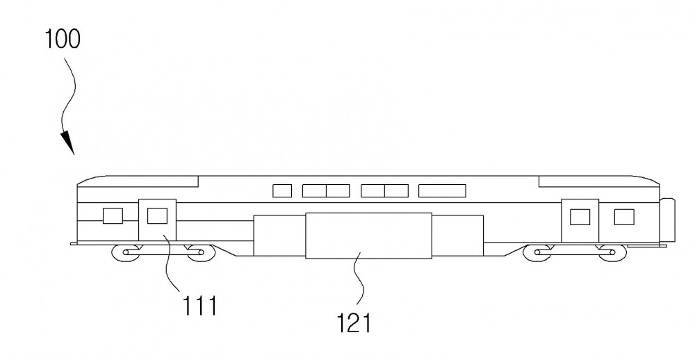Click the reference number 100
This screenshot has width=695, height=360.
point(63,39)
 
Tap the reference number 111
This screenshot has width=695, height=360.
point(200,306)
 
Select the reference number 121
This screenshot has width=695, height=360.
point(354,322)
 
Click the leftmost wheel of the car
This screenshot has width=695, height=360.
point(126,253)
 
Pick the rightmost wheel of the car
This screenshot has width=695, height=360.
point(612,253)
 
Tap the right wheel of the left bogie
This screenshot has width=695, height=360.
point(200,253)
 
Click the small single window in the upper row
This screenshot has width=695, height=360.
point(282,190)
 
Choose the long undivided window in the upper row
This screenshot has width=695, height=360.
point(442,190)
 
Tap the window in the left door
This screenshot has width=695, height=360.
point(157,216)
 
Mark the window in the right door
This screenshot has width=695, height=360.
point(580,218)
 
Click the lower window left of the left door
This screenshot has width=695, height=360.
point(113,216)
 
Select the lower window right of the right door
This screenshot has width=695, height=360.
point(624,218)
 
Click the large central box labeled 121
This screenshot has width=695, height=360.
point(369,236)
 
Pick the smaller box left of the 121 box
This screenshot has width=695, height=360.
point(279,236)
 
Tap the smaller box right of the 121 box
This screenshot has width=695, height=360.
point(457,236)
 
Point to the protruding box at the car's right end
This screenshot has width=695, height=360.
point(668,220)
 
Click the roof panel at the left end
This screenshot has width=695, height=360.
point(138,181)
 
